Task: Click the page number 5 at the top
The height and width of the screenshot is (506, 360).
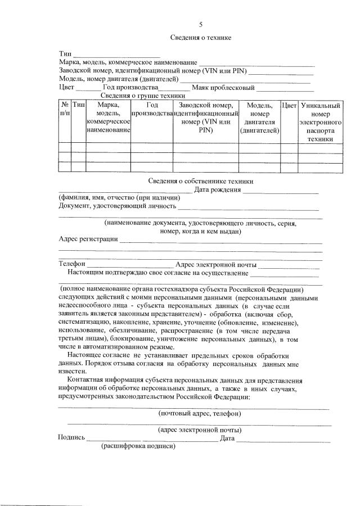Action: click(200, 24)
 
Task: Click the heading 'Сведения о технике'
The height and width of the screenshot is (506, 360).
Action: click(201, 38)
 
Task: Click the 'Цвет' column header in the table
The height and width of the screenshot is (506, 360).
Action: click(289, 106)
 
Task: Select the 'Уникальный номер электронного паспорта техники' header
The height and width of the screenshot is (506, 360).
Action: click(320, 121)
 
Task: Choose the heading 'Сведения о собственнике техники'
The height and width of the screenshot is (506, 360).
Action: click(201, 181)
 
